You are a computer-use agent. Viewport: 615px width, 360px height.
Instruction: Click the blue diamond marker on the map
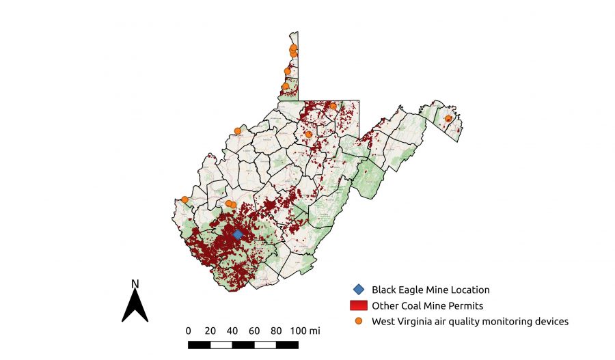point(237,234)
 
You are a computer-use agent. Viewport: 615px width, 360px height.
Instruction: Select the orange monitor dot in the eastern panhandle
point(448,119)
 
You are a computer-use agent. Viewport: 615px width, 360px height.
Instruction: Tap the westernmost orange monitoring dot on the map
point(184,200)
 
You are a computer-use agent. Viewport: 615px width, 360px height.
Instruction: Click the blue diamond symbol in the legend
point(359,290)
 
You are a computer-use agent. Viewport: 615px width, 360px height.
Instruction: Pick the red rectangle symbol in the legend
point(359,305)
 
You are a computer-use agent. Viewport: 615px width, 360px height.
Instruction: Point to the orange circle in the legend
point(359,320)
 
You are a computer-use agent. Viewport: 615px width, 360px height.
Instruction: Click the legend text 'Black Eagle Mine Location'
point(430,290)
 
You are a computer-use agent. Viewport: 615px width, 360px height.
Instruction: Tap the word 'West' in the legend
point(383,320)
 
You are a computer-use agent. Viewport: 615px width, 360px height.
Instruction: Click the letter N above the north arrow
point(135,283)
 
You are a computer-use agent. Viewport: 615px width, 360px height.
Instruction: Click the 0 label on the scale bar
point(189,331)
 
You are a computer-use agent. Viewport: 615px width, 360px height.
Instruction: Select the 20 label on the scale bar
point(210,331)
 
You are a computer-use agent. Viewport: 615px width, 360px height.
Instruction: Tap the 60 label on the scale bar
point(254,331)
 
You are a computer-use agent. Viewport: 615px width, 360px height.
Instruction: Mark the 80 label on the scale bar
point(276,331)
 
